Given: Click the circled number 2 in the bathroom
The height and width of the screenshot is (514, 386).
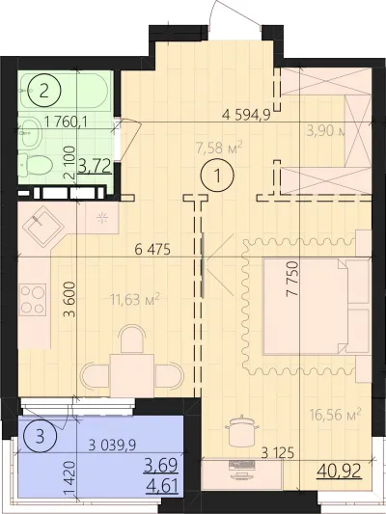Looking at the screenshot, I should [x=44, y=93].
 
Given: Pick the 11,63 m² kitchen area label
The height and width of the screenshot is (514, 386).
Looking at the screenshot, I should [x=132, y=300].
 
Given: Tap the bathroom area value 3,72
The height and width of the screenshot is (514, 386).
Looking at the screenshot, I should [x=94, y=167].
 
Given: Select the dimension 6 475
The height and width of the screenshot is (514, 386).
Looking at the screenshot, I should [x=152, y=250].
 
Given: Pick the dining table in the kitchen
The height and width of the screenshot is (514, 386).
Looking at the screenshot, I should [x=127, y=370].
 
